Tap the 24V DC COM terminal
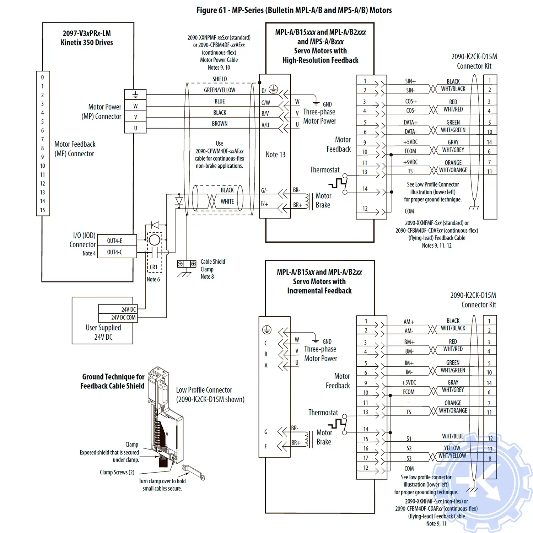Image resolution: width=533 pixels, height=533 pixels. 118,317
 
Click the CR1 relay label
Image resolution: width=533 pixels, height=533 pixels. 154,267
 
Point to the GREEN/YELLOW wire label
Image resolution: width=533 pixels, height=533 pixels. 220,90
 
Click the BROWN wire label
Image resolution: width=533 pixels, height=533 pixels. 220,124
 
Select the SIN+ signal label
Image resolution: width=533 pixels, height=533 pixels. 410,81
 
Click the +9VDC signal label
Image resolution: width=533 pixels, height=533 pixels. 410,162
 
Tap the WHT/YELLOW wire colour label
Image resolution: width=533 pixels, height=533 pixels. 452,456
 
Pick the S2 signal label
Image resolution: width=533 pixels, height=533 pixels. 409,448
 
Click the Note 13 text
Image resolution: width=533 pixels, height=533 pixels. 275,155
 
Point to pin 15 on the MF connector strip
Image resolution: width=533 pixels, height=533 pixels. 43,210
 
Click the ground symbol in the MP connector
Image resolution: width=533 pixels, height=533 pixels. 135,95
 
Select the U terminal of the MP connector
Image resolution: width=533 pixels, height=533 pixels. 135,128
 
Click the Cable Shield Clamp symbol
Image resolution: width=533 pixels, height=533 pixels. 187,264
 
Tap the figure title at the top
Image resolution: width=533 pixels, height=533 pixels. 294,10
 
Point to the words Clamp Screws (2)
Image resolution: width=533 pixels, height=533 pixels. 117,472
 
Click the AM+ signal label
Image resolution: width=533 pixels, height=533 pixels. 409,322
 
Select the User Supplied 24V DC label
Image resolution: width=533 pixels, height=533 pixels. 103,332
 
